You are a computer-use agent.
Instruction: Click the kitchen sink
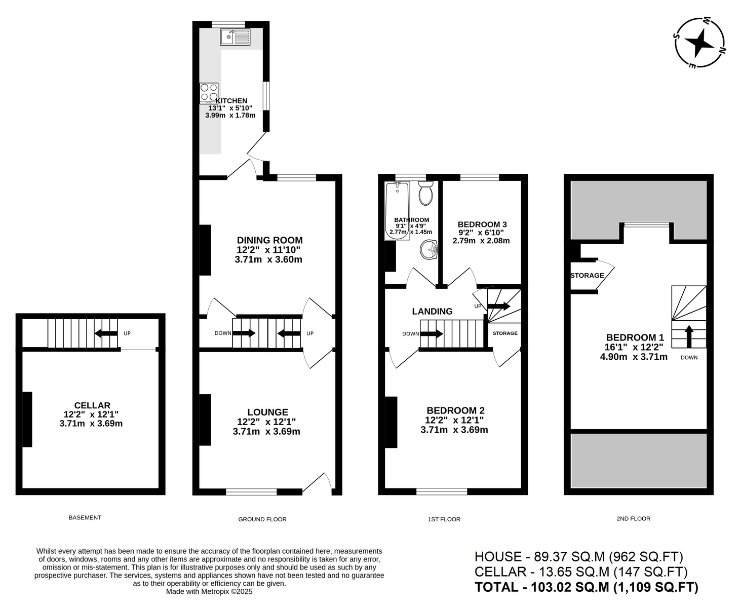pyautogui.click(x=235, y=37)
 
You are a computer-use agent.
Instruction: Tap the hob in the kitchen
pyautogui.click(x=209, y=93)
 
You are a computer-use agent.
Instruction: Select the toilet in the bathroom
pyautogui.click(x=425, y=193)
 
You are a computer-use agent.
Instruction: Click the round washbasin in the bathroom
pyautogui.click(x=428, y=250)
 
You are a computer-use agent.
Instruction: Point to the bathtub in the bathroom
pyautogui.click(x=397, y=211)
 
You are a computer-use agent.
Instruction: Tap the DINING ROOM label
pyautogui.click(x=269, y=240)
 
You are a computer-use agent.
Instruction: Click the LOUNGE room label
pyautogui.click(x=268, y=412)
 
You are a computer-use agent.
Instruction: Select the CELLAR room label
pyautogui.click(x=92, y=405)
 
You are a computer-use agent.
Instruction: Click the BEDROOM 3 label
pyautogui.click(x=482, y=224)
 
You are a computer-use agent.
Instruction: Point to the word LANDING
pyautogui.click(x=432, y=311)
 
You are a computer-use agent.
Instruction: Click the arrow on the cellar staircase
pyautogui.click(x=106, y=333)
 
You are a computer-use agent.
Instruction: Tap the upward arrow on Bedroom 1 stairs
pyautogui.click(x=689, y=336)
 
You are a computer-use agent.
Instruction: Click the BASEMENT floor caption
pyautogui.click(x=85, y=517)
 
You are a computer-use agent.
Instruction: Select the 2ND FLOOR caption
pyautogui.click(x=633, y=518)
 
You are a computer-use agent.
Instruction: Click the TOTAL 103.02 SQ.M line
pyautogui.click(x=587, y=587)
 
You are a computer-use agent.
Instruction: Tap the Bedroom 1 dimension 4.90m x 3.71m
pyautogui.click(x=634, y=357)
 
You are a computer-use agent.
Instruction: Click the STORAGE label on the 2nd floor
pyautogui.click(x=587, y=275)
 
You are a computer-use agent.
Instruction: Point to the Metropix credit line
pyautogui.click(x=209, y=591)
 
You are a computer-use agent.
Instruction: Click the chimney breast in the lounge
pyautogui.click(x=205, y=420)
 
